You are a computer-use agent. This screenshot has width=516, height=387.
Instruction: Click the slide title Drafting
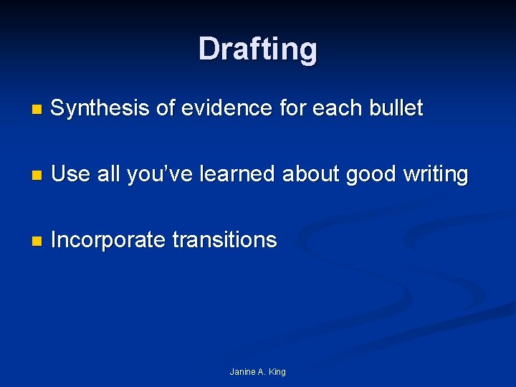[258, 49]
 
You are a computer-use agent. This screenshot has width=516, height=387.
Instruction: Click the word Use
[70, 174]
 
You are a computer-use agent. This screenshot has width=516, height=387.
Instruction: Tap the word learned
[231, 174]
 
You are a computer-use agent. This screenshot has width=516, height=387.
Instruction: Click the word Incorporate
[108, 240]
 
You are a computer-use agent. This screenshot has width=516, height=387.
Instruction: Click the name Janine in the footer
[242, 372]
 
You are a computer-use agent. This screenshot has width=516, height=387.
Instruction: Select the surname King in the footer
[277, 372]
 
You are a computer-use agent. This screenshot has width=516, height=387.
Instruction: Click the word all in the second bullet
[107, 174]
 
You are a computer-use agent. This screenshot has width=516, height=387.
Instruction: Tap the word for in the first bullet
[292, 108]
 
